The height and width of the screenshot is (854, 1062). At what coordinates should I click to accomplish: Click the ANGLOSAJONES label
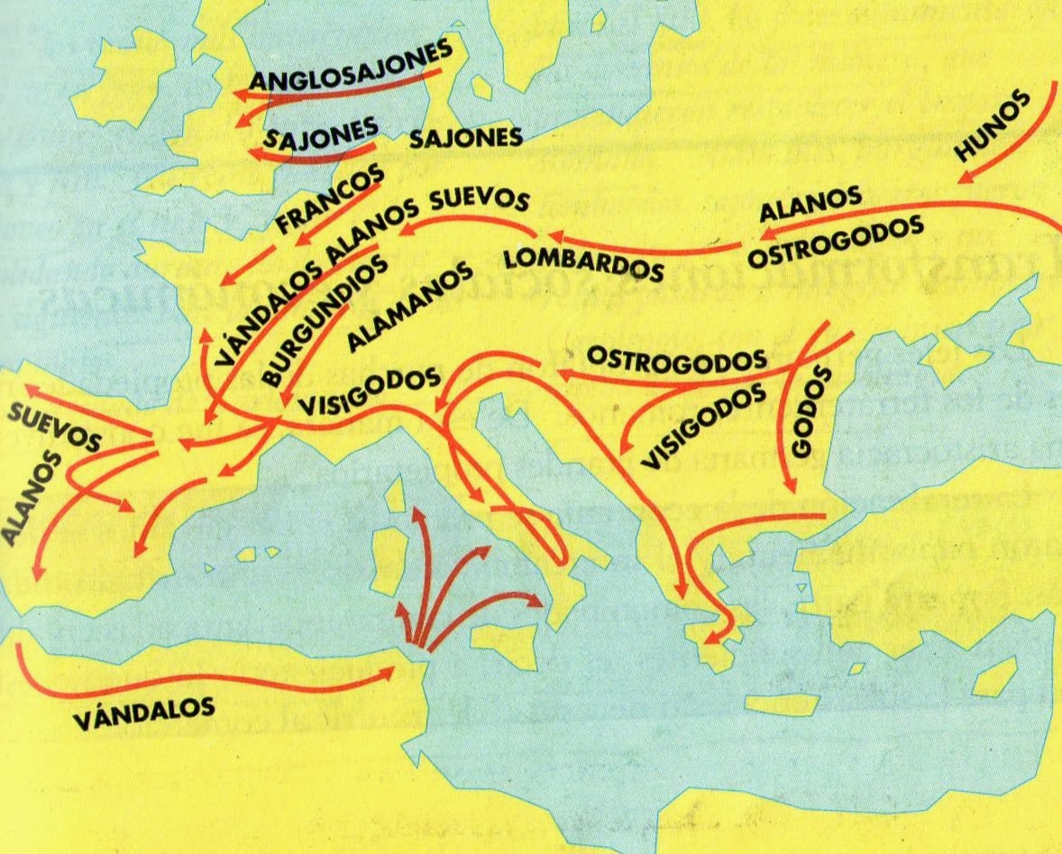pyautogui.click(x=352, y=69)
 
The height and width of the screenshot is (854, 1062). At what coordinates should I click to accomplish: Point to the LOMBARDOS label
pyautogui.click(x=582, y=260)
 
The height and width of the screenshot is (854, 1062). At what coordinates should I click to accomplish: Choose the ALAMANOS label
pyautogui.click(x=411, y=307)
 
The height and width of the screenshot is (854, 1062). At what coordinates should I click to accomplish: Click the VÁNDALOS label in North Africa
pyautogui.click(x=144, y=713)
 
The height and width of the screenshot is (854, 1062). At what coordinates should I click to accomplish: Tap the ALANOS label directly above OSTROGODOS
pyautogui.click(x=811, y=204)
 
